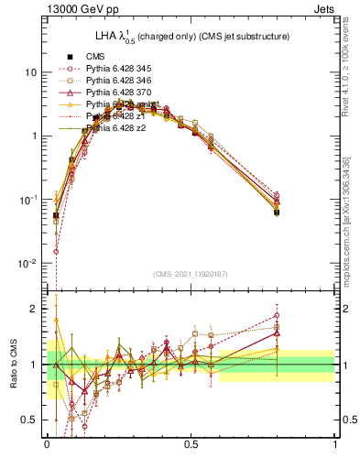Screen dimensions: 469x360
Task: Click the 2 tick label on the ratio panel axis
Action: (x=35, y=309)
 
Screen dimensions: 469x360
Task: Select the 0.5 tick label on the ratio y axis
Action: (x=30, y=420)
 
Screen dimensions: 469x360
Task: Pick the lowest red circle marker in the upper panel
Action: (x=56, y=251)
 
